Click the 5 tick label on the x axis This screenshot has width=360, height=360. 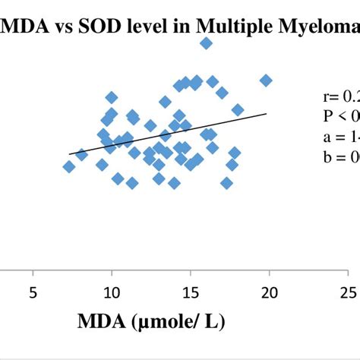pos(33,292)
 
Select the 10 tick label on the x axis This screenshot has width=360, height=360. pos(112,292)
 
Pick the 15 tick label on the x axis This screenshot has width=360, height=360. pos(191,292)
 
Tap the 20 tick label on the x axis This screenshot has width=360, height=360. pos(270,292)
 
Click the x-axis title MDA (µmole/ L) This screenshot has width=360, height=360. pos(151,322)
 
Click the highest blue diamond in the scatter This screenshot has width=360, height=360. pos(206,44)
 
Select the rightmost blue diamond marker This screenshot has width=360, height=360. pos(266,81)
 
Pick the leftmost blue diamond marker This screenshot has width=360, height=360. pos(69,166)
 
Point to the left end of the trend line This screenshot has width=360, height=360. pos(69,154)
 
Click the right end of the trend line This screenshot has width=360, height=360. pos(267,114)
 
